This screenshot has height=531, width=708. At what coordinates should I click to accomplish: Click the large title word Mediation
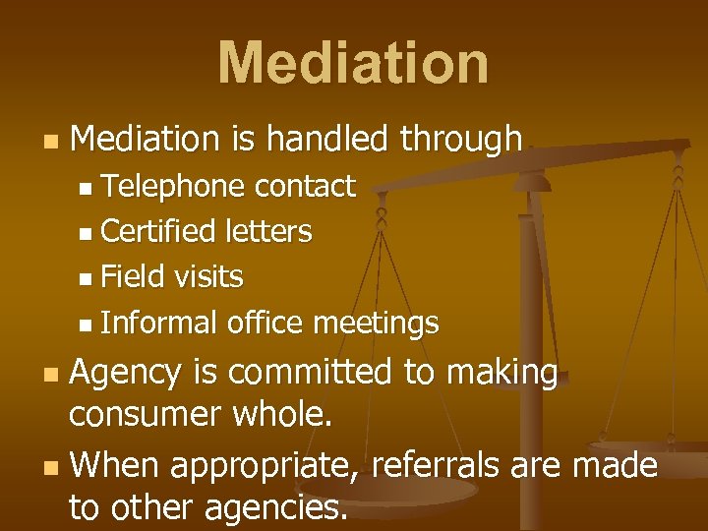(x=353, y=63)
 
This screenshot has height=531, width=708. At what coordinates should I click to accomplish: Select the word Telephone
(x=172, y=186)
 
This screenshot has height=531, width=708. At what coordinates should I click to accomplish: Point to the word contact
(x=305, y=186)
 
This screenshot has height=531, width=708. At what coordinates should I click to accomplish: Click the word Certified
(x=158, y=232)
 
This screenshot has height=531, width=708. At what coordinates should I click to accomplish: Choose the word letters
(x=268, y=232)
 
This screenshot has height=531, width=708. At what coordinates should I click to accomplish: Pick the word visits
(x=209, y=277)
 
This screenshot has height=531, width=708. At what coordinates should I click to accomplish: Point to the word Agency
(x=127, y=373)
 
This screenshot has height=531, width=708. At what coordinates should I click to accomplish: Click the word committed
(x=307, y=373)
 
